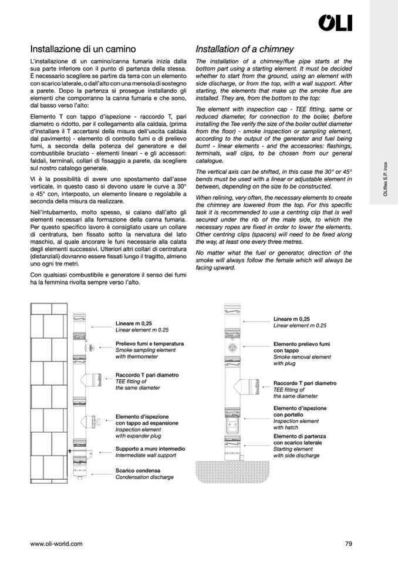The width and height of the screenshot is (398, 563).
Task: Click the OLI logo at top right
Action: click(x=335, y=23)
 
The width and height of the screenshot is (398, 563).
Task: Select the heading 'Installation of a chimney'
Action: click(x=244, y=49)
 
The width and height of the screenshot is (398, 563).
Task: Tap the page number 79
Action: click(x=349, y=544)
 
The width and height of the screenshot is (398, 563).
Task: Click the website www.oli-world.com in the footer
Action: click(x=56, y=544)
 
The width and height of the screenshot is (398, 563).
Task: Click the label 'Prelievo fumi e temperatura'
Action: click(x=150, y=343)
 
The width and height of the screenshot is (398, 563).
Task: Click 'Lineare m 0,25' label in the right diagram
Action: click(x=292, y=319)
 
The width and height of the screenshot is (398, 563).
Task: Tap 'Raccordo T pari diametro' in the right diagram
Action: click(x=305, y=383)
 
